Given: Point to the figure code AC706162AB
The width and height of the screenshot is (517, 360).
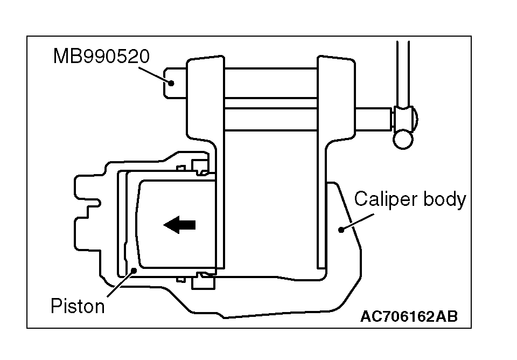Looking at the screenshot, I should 409,316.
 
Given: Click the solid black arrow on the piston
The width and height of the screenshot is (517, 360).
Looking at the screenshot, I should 179,225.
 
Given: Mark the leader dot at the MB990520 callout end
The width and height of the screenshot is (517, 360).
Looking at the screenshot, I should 170,83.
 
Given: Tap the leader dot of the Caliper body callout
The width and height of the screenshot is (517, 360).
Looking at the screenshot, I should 341,230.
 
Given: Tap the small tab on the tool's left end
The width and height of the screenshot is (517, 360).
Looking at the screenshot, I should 173,82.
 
